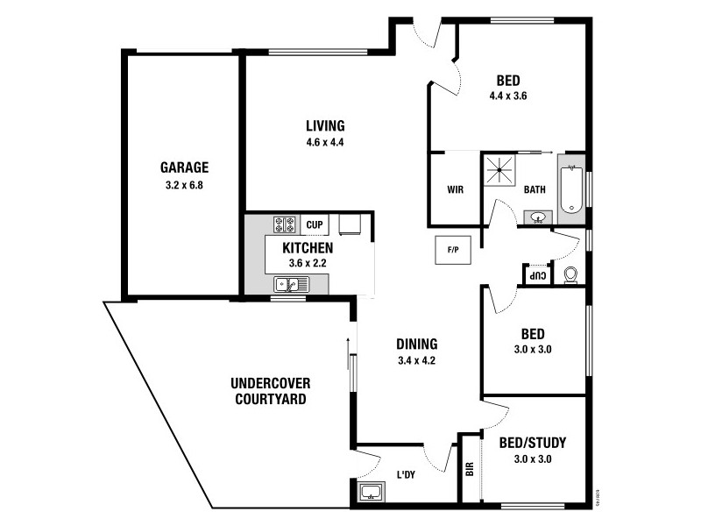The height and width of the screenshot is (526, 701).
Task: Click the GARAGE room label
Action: pyautogui.click(x=184, y=167)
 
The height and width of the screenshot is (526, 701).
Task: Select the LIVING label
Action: pyautogui.click(x=324, y=125)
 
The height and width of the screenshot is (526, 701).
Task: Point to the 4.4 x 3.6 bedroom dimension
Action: pyautogui.click(x=507, y=96)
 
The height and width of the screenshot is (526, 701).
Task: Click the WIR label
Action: pyautogui.click(x=455, y=189)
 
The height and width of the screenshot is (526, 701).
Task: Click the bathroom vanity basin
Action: pyautogui.click(x=537, y=217)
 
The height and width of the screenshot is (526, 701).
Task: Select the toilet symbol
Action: pyautogui.click(x=570, y=275)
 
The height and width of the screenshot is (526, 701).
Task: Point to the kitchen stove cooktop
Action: pyautogui.click(x=286, y=225)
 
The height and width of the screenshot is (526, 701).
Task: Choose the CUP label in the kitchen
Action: pyautogui.click(x=315, y=225)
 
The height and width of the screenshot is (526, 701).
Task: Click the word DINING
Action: pyautogui.click(x=416, y=344)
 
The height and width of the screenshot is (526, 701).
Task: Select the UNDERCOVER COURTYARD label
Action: pyautogui.click(x=271, y=392)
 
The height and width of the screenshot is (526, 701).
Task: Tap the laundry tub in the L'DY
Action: pyautogui.click(x=370, y=493)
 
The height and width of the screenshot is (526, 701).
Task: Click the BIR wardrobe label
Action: pyautogui.click(x=471, y=469)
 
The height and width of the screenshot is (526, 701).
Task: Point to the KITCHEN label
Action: pyautogui.click(x=308, y=248)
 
